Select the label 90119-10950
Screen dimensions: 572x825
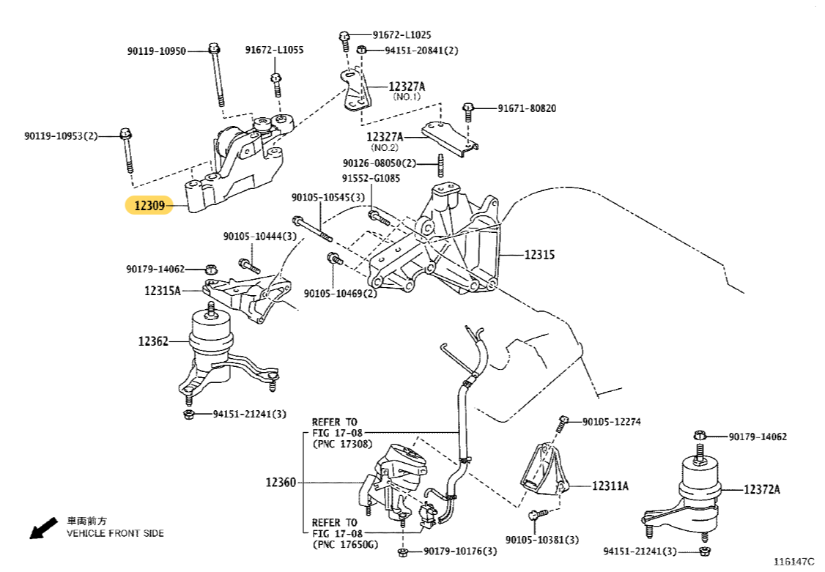coord(156,51)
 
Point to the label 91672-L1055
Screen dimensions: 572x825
coord(274,50)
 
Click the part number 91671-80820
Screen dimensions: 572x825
coord(527,108)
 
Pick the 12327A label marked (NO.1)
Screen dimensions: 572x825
coord(406,87)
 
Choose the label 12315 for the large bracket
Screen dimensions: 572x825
coord(539,255)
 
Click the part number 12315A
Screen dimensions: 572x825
coord(162,291)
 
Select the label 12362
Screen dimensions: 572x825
coord(153,341)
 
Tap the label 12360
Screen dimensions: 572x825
coord(281,482)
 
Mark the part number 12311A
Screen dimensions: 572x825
coord(610,486)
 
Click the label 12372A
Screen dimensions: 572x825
coord(762,489)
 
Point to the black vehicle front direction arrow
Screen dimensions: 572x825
coord(43,527)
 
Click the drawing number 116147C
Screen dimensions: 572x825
coord(793,561)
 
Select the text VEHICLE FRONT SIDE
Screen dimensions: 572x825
coord(115,533)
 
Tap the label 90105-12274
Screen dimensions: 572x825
coord(612,422)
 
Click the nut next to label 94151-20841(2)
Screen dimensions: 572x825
coord(361,50)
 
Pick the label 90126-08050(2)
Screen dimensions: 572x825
coord(379,163)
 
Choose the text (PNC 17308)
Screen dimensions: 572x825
coord(342,444)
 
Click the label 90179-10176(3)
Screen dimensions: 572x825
coord(460,551)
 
